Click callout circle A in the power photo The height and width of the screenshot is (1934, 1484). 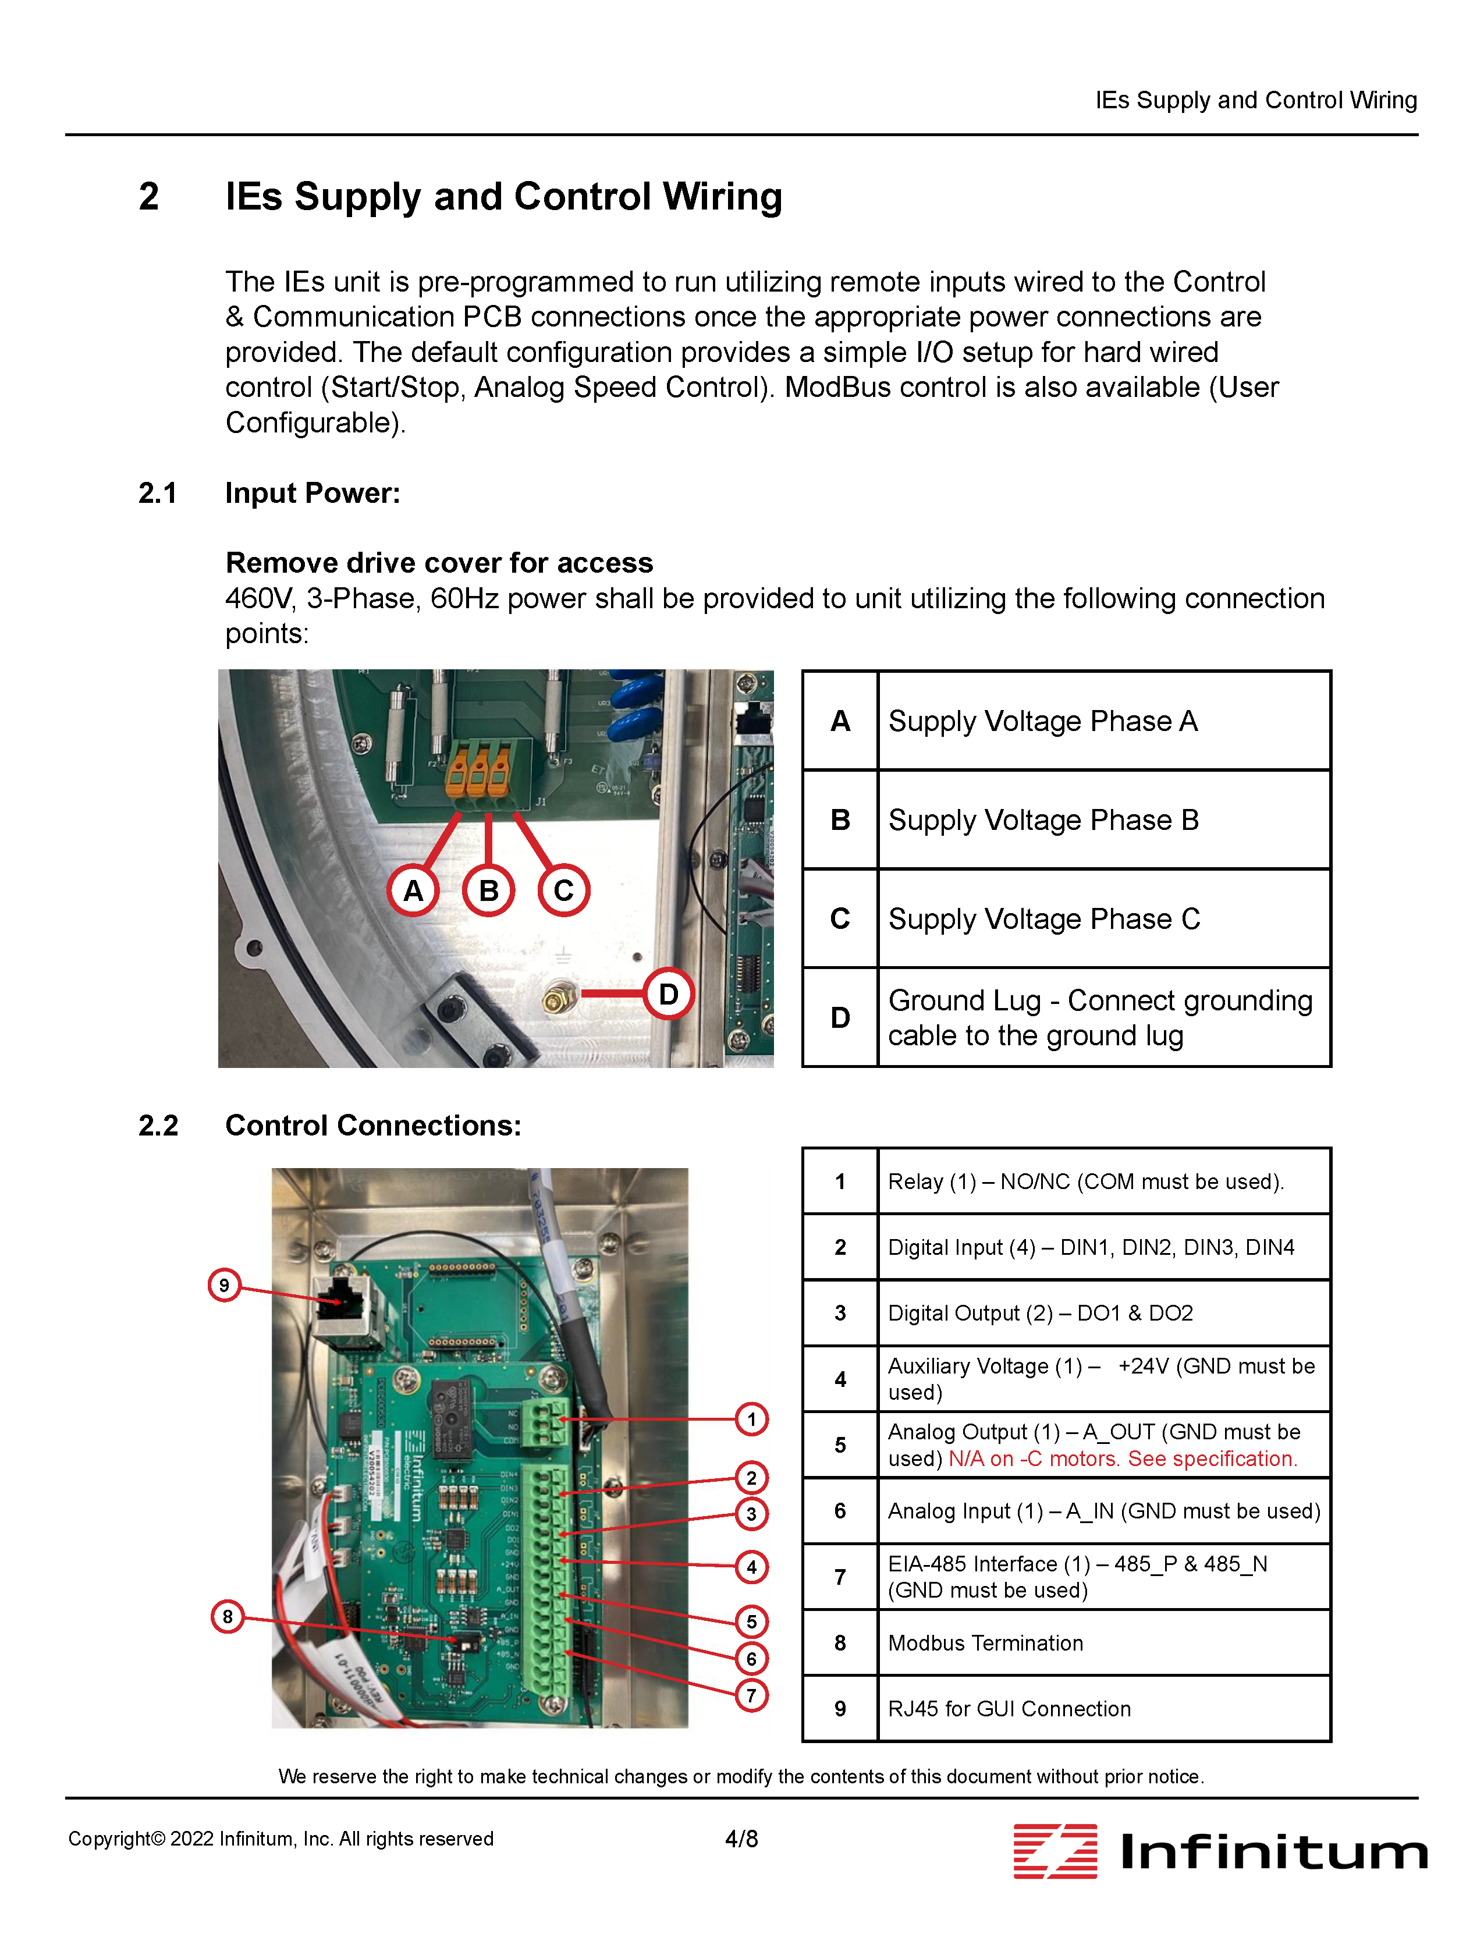413,890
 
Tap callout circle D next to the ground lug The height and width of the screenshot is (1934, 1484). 668,994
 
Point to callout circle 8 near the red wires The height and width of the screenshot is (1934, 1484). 227,1617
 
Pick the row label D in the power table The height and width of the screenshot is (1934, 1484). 839,1018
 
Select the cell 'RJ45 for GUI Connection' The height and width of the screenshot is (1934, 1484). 1009,1709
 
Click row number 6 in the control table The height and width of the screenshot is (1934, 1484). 839,1511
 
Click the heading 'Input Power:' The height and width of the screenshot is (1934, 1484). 313,493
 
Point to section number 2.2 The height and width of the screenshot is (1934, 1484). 158,1126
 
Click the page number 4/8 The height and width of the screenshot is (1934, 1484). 741,1839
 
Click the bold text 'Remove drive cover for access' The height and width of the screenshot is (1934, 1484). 439,563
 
